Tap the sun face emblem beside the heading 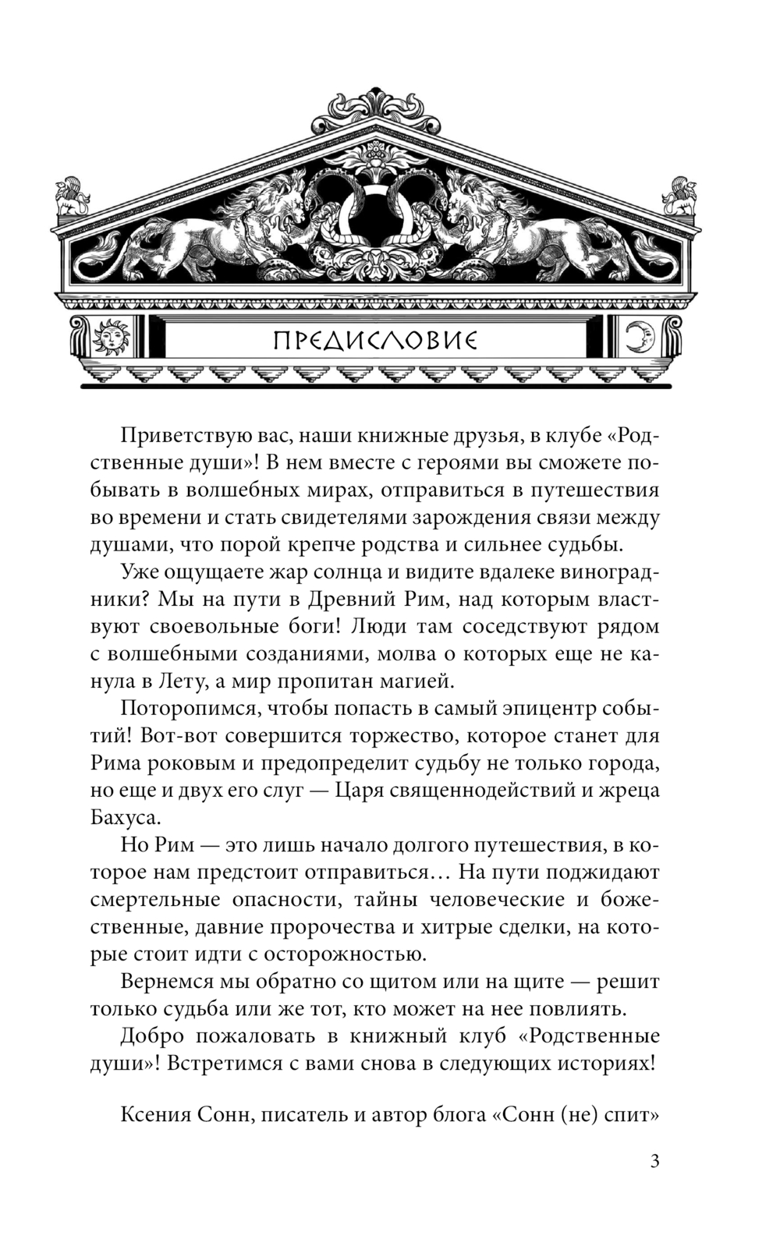[x=108, y=339]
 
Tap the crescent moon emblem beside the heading [x=641, y=339]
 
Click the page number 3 [x=654, y=1162]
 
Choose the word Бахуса [x=125, y=818]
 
